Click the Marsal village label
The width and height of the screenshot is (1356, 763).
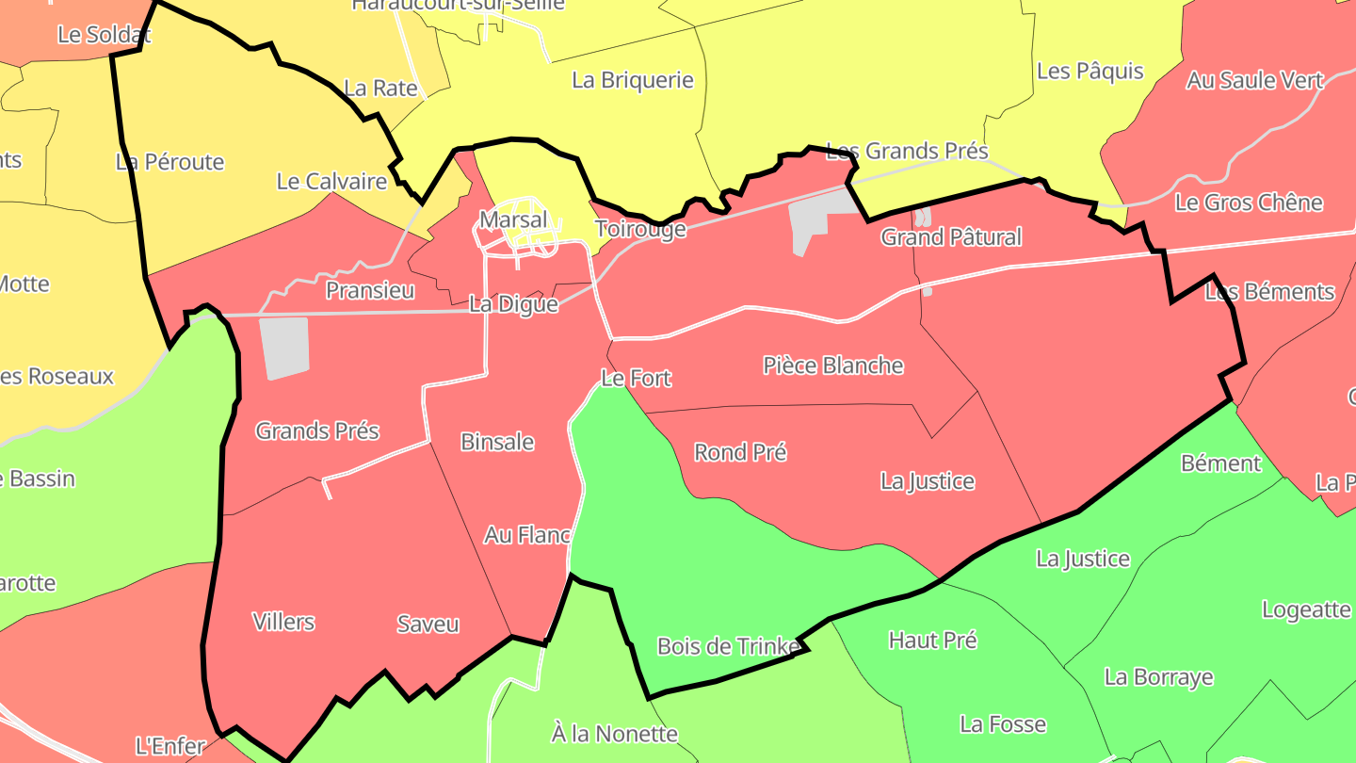pos(513,219)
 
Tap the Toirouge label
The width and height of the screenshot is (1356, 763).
pos(640,229)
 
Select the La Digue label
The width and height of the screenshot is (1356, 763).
pos(513,304)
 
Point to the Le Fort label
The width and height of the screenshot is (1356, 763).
pos(637,379)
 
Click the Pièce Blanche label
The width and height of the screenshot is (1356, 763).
pos(833,365)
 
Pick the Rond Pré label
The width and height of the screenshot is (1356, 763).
pos(740,452)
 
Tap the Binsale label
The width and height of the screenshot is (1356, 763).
pos(497,442)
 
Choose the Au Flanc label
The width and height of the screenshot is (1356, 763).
pos(527,535)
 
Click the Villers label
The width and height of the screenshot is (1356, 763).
pos(283,622)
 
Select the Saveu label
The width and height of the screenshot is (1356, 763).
pos(428,624)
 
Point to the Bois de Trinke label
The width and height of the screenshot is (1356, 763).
pos(729,646)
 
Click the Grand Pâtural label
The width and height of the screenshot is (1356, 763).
pos(951,237)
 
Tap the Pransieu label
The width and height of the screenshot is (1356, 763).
pos(370,290)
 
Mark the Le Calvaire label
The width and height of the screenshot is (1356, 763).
pos(331,181)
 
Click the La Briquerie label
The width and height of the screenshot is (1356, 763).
pos(633,80)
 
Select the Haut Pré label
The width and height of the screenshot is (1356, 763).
pos(933,641)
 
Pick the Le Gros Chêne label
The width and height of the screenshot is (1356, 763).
pos(1249,203)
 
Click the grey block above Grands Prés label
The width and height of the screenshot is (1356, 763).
pos(284,348)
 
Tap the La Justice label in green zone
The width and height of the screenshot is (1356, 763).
pos(1083,559)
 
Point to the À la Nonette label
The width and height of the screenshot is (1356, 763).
pos(614,733)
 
